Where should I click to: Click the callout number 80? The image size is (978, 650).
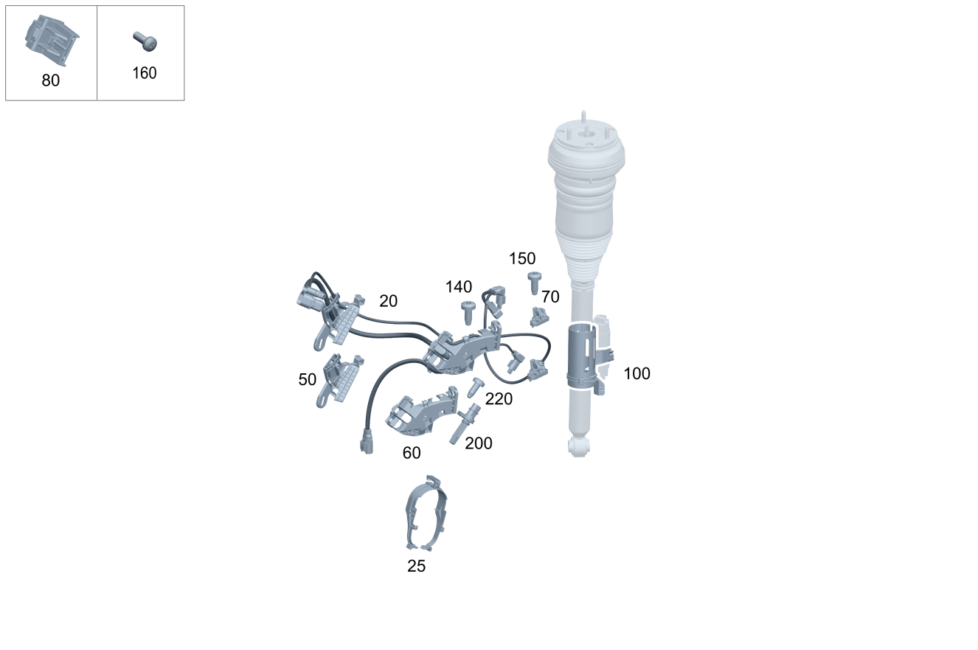pyautogui.click(x=51, y=80)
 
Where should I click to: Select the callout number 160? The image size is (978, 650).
pyautogui.click(x=145, y=73)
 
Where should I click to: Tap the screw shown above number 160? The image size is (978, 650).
pyautogui.click(x=145, y=41)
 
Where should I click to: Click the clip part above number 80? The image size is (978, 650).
pyautogui.click(x=52, y=40)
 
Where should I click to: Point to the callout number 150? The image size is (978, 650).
pyautogui.click(x=522, y=259)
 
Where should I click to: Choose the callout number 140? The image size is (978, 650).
pyautogui.click(x=459, y=287)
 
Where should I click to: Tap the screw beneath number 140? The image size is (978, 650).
pyautogui.click(x=468, y=313)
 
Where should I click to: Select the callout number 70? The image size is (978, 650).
pyautogui.click(x=550, y=297)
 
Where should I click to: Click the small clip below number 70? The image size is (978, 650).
pyautogui.click(x=539, y=317)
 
